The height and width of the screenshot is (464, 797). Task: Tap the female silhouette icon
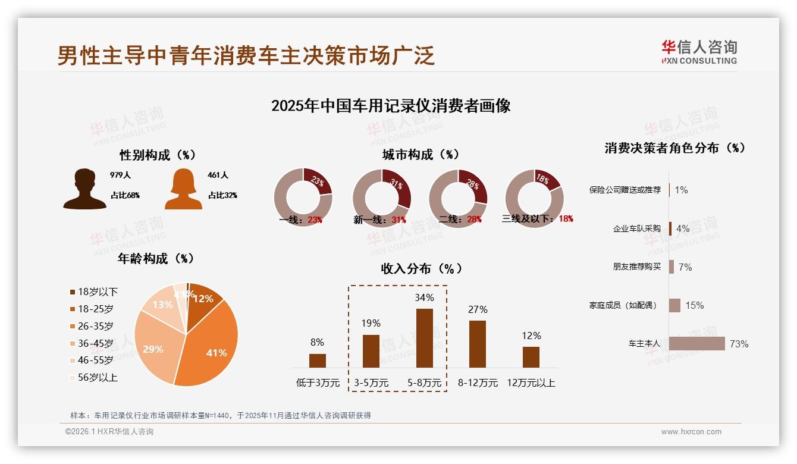[183, 190]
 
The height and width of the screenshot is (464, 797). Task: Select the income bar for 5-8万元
[424, 338]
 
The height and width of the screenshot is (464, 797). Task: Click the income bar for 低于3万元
[318, 360]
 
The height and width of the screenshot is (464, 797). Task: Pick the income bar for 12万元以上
[531, 357]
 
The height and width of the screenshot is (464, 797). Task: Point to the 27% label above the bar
[478, 309]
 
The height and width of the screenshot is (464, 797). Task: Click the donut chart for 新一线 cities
[382, 197]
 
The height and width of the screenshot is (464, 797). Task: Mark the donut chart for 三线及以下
[534, 197]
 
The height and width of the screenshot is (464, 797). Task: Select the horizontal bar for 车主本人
[697, 344]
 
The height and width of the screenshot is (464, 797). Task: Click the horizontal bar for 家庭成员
[674, 305]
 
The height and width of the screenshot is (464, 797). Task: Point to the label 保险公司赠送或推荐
[625, 190]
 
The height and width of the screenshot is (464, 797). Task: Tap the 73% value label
[739, 344]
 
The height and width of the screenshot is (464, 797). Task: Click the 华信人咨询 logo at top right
[699, 52]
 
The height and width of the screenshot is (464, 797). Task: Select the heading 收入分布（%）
[422, 268]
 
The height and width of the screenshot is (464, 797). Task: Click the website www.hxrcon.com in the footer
[691, 432]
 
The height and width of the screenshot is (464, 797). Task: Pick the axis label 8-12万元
[478, 383]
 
